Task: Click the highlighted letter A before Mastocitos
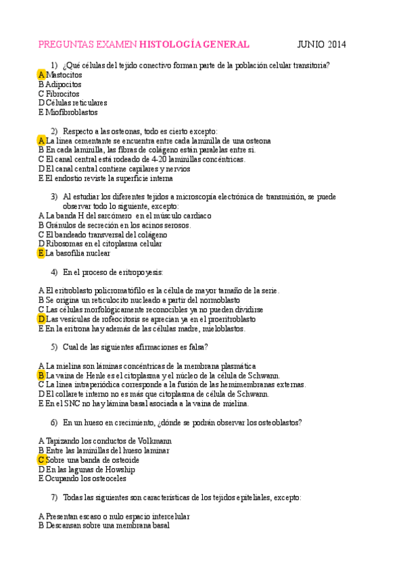coord(42,75)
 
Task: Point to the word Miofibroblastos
coord(71,112)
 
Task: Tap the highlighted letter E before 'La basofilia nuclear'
coord(41,253)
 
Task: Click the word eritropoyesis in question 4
coord(139,272)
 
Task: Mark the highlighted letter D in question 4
coord(42,319)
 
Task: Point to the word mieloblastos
coord(220,328)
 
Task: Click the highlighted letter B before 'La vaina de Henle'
coord(42,375)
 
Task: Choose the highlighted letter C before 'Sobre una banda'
coord(42,459)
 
